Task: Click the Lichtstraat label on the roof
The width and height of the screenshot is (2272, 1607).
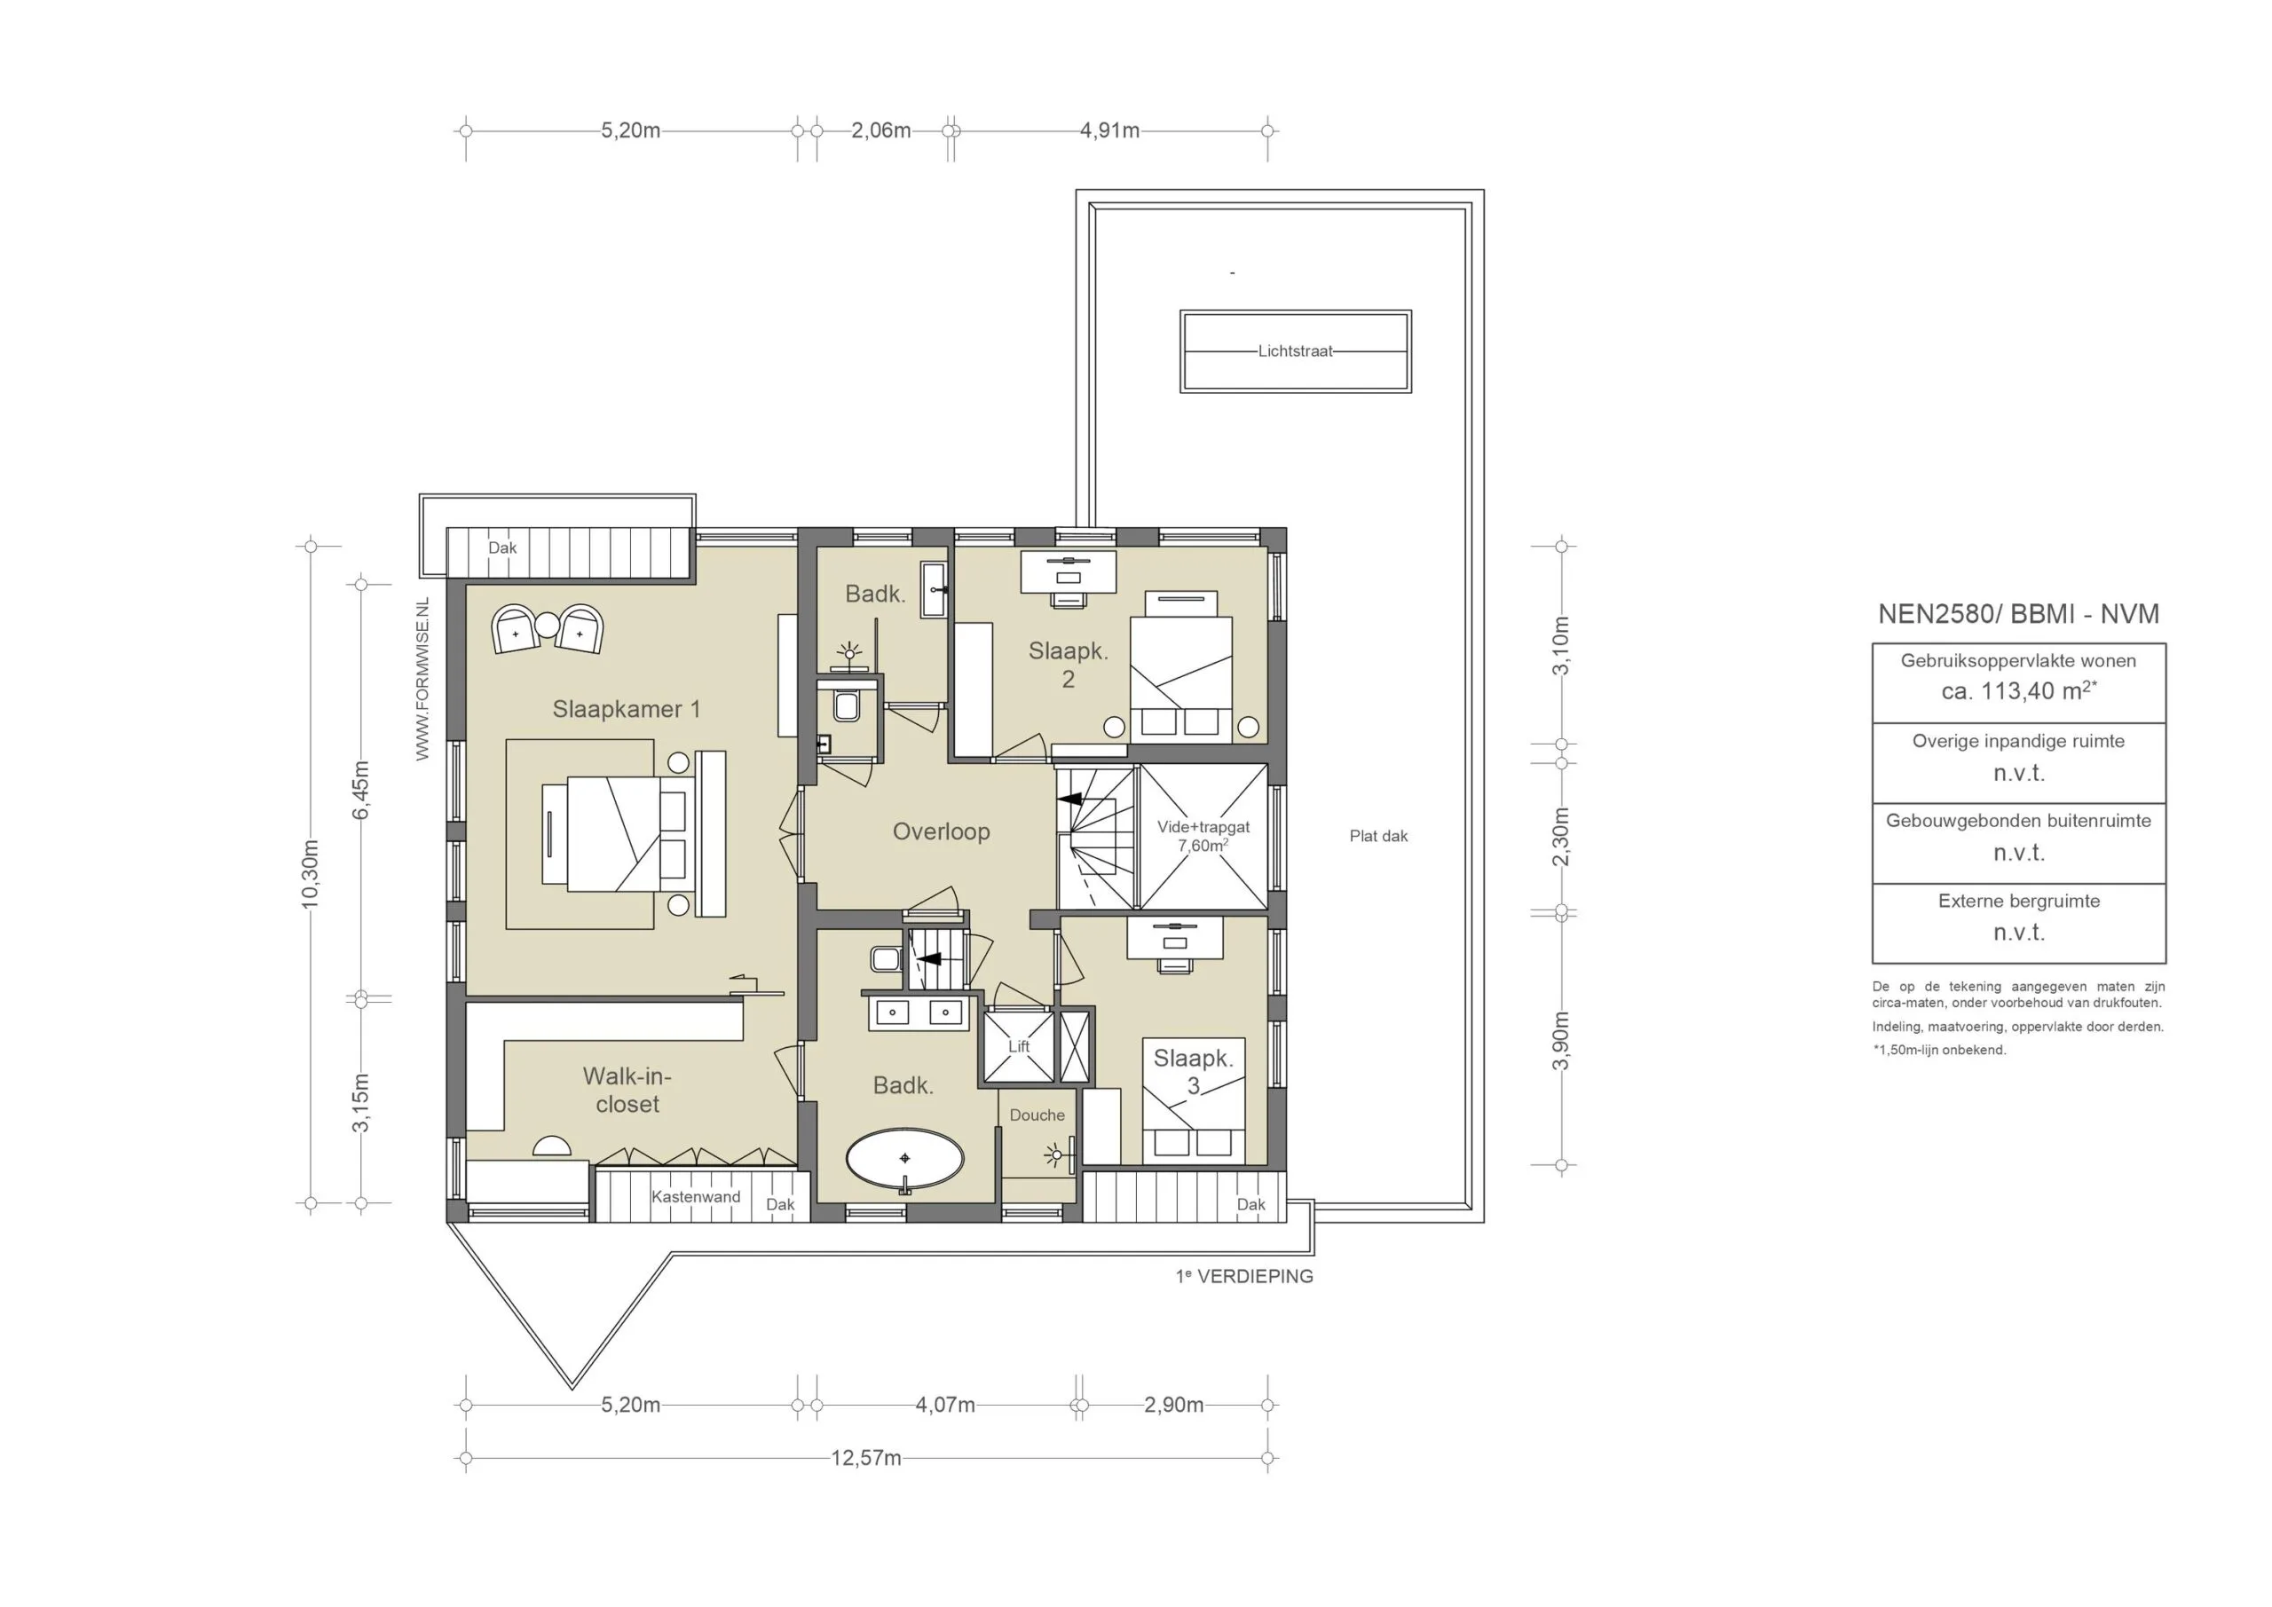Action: click(1296, 351)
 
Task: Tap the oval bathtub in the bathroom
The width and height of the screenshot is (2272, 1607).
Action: click(904, 1158)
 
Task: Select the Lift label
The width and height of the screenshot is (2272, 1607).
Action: click(1018, 1046)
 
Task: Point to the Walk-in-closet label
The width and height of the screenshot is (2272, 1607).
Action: click(627, 1090)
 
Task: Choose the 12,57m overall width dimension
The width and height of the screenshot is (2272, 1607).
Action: click(866, 1458)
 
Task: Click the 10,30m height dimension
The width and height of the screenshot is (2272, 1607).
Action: click(311, 874)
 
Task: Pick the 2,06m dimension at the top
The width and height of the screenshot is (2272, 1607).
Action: click(880, 130)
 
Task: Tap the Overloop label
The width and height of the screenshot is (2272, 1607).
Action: click(941, 831)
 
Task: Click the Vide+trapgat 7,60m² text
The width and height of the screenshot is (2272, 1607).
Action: click(1203, 836)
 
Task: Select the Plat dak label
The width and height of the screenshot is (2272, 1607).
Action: click(1378, 836)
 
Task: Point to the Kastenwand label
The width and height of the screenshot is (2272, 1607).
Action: click(696, 1196)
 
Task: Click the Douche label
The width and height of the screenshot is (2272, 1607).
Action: click(1037, 1115)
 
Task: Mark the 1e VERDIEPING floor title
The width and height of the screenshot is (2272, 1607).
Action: click(1244, 1277)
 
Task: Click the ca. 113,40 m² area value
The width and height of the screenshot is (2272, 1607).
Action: click(2019, 690)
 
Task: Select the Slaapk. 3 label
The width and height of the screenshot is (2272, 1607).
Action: click(1194, 1072)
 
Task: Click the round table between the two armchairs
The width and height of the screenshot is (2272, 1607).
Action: click(548, 625)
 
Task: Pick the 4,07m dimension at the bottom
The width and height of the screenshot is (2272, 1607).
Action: click(945, 1406)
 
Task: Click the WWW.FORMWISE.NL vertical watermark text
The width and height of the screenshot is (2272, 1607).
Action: click(422, 679)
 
